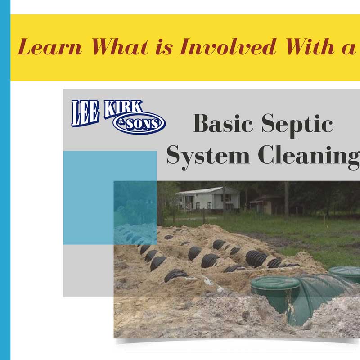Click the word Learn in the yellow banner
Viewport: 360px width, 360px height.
[50, 47]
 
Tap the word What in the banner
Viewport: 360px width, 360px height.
[120, 47]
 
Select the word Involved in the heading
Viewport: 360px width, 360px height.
[228, 47]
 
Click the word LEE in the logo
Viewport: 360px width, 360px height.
[85, 113]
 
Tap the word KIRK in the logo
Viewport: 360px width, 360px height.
[123, 108]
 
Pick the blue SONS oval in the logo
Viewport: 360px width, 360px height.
[139, 123]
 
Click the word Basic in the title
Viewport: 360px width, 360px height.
[223, 123]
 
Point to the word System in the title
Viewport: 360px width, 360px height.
[208, 156]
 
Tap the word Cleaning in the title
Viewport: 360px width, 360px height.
[309, 156]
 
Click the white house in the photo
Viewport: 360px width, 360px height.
[208, 198]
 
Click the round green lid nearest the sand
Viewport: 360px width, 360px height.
[275, 283]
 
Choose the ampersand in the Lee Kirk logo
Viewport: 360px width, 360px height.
[121, 121]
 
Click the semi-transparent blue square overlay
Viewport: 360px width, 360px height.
[110, 198]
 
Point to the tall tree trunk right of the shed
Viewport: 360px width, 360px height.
[286, 200]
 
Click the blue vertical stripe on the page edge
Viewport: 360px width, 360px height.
[5, 180]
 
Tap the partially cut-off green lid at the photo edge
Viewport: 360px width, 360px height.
[345, 273]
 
